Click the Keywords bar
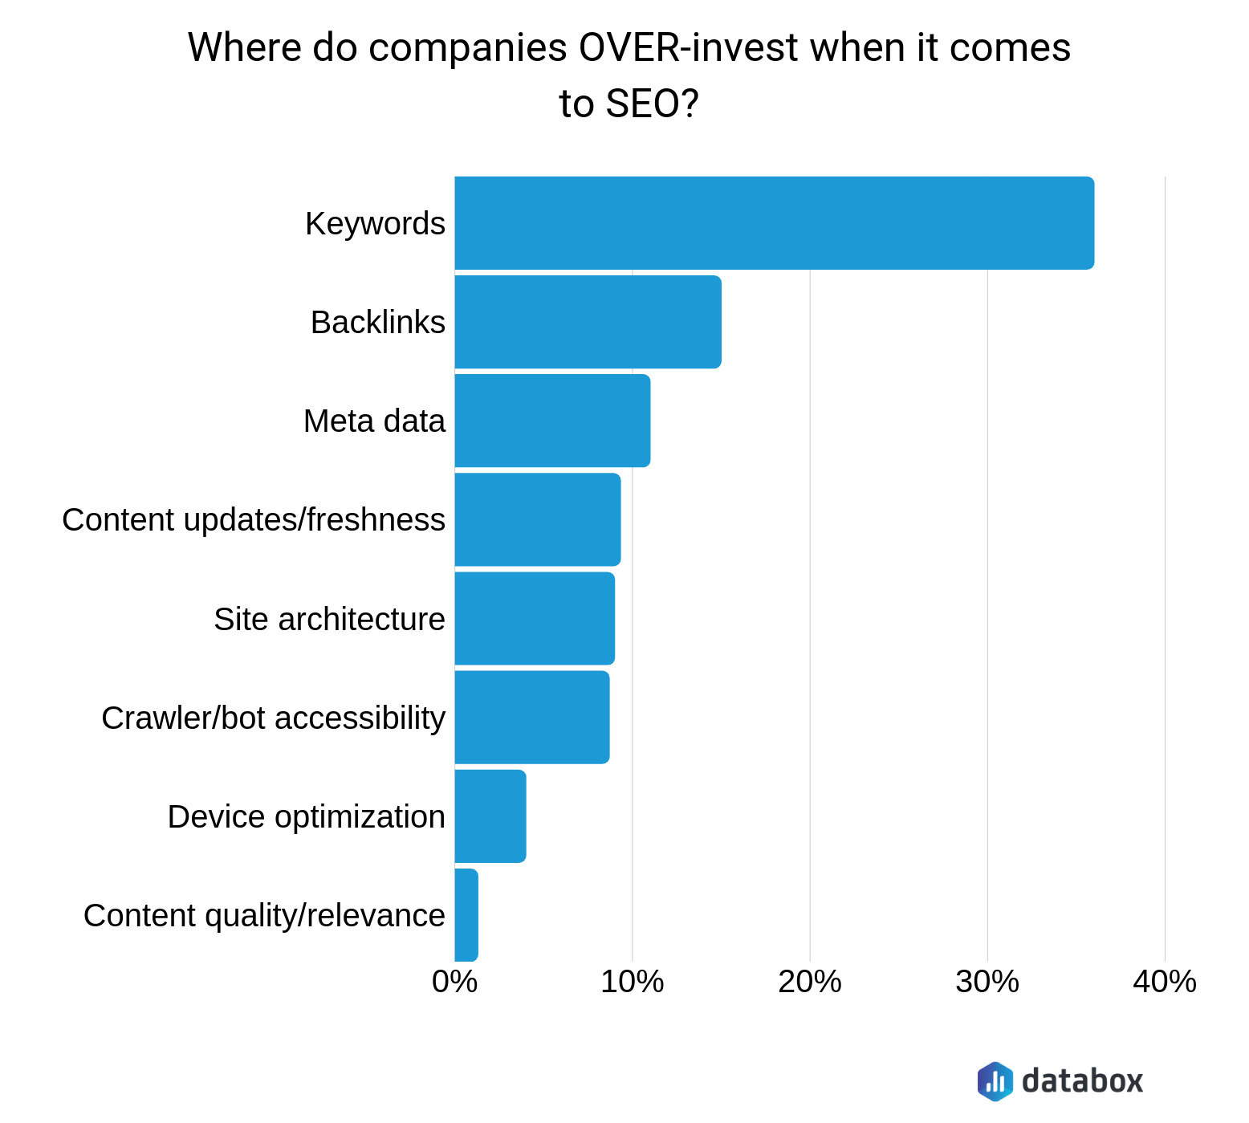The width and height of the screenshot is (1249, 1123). coord(774,223)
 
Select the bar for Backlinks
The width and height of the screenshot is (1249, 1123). coord(588,322)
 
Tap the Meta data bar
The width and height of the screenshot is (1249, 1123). coord(552,421)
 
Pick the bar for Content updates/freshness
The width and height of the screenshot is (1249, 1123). coord(537,519)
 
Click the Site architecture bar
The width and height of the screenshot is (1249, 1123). coord(535,618)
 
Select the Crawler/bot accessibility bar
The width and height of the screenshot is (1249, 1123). coord(531,717)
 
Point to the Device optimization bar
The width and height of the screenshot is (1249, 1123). coord(490,816)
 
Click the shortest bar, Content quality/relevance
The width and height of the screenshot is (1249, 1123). coord(466,915)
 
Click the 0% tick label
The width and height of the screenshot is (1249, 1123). coord(454,982)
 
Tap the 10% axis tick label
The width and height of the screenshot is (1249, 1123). coord(632,982)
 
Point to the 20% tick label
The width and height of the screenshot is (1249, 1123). coord(809,982)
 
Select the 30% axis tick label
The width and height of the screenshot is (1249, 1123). coord(987,982)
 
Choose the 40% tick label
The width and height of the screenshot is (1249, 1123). coord(1164,982)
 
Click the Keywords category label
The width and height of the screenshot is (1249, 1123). coord(375,224)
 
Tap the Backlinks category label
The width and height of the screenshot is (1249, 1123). coord(377,323)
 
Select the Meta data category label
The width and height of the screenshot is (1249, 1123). coord(374,421)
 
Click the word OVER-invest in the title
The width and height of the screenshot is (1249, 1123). coord(689,47)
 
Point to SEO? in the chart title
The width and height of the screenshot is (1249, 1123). coord(652,104)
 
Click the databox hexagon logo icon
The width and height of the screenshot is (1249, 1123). coord(995,1081)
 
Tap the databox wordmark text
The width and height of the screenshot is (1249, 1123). coord(1082,1081)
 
